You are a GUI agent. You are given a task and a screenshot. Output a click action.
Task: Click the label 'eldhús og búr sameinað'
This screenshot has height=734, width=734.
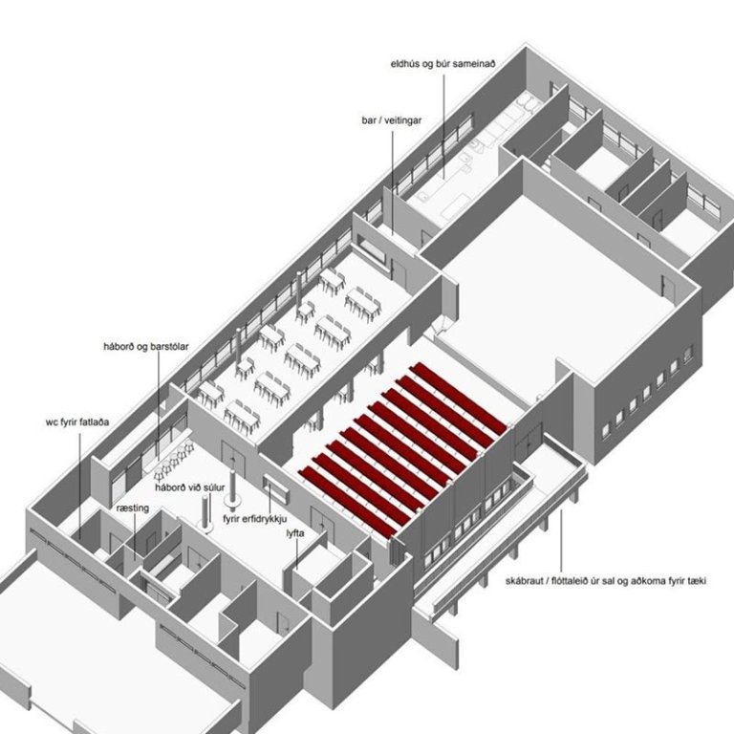443,64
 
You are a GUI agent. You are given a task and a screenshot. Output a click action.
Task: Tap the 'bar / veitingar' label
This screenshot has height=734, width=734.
391,120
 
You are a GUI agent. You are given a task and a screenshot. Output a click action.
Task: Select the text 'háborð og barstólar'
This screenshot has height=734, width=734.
146,346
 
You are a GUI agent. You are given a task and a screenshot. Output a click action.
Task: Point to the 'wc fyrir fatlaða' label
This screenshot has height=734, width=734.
77,422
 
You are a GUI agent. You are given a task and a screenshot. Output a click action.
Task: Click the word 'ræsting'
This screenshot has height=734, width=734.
133,507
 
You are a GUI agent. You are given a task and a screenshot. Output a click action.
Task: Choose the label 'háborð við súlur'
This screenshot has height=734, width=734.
190,487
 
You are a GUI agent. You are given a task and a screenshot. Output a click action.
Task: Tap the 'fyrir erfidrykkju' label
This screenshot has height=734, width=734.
254,519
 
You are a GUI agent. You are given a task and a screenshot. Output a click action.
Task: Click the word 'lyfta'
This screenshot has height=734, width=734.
295,533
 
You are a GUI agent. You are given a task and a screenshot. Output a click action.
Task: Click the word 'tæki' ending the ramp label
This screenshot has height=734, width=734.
697,581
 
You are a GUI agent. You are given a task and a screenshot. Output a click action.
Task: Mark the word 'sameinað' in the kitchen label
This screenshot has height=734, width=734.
475,64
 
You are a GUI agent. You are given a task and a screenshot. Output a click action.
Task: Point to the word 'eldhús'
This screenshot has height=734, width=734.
405,64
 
